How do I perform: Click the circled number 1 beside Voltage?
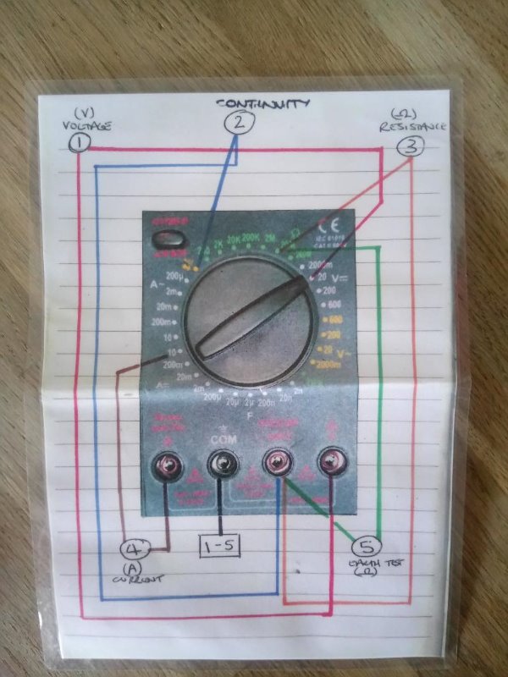point(80,142)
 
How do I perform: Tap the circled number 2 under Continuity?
point(239,124)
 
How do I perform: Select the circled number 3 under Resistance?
point(410,146)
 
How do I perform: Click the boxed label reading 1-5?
point(218,547)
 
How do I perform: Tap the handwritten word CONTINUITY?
point(262,104)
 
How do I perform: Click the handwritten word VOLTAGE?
point(86,127)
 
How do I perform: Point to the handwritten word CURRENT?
point(138,579)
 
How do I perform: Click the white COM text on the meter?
point(222,442)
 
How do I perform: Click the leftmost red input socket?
point(166,463)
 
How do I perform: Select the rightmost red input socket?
point(329,462)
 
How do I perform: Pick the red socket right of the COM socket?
point(275,462)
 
